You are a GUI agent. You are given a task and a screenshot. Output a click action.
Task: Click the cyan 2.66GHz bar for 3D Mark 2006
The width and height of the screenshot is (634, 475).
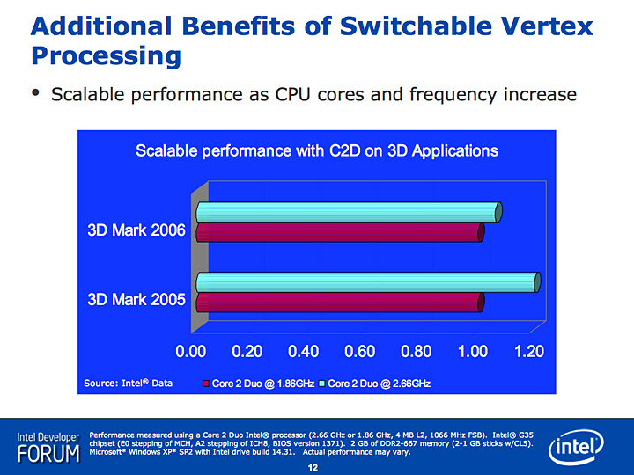tap(348, 212)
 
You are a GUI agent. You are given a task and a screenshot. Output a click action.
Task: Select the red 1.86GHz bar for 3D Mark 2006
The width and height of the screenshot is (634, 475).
tap(339, 231)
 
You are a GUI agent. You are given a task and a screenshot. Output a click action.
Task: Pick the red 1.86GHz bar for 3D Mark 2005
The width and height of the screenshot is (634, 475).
tap(339, 303)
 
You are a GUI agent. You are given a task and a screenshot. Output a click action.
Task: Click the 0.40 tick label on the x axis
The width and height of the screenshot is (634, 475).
tap(304, 352)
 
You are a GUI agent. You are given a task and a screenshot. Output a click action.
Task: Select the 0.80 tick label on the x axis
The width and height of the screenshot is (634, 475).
tap(417, 352)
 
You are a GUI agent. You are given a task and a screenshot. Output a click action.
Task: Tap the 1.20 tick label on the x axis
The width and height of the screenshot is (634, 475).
tap(529, 352)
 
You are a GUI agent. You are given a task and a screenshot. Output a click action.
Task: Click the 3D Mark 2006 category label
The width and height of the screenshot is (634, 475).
tap(136, 231)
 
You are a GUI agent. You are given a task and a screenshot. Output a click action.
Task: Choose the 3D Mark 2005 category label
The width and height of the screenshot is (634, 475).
tap(136, 299)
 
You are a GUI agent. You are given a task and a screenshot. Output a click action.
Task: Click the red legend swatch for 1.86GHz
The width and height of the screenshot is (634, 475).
tap(207, 384)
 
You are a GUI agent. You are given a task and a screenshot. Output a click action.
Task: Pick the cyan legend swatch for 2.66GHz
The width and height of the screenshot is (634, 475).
tap(322, 384)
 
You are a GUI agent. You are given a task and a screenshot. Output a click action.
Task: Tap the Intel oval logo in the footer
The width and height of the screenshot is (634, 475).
tap(577, 449)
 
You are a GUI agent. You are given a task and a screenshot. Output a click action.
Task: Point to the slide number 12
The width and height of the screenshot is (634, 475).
tap(312, 467)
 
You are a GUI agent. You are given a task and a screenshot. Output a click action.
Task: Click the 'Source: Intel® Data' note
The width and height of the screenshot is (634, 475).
tap(129, 384)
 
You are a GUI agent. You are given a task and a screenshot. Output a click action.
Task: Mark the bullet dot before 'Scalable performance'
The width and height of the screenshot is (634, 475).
tap(35, 93)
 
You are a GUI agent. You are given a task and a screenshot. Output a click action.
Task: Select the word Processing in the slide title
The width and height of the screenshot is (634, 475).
tap(106, 57)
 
